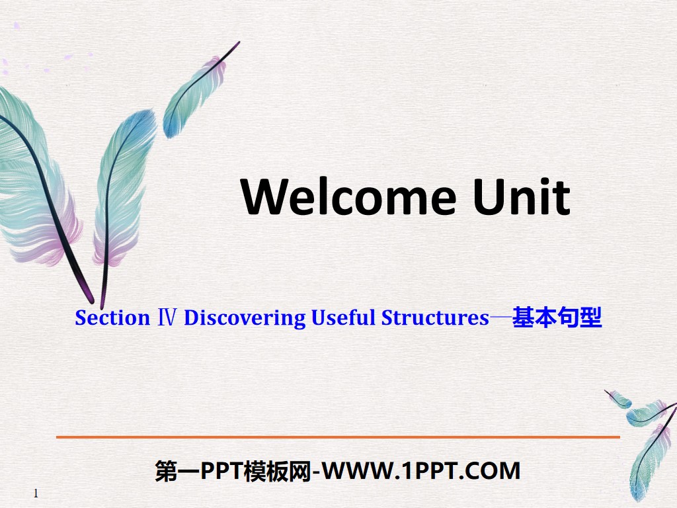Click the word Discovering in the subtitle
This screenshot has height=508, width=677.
245,318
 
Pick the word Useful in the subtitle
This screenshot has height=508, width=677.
343,318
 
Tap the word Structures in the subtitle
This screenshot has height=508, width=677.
435,318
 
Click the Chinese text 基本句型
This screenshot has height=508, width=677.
557,318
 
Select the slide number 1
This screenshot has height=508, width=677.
36,493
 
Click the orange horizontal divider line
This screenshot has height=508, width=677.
338,437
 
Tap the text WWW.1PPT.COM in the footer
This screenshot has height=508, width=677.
423,471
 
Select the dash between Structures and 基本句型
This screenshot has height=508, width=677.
500,319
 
